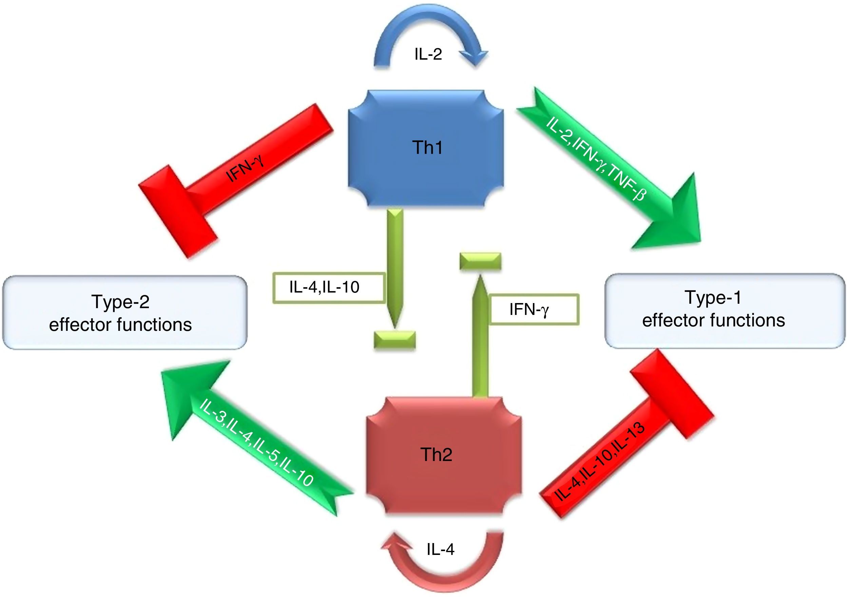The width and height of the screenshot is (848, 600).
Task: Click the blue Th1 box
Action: click(426, 147)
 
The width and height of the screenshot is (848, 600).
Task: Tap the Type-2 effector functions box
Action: click(124, 313)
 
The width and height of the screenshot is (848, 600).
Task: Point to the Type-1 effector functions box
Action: click(725, 311)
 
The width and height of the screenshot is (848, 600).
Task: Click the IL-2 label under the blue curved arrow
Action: click(428, 54)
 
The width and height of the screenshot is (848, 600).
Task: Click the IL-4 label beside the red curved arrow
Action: click(440, 549)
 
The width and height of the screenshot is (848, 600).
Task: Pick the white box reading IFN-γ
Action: click(534, 309)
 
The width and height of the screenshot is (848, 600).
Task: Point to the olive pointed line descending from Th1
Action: click(395, 266)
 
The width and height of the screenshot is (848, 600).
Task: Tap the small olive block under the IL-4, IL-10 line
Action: click(395, 340)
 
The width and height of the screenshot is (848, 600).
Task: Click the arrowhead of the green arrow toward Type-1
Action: click(673, 218)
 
